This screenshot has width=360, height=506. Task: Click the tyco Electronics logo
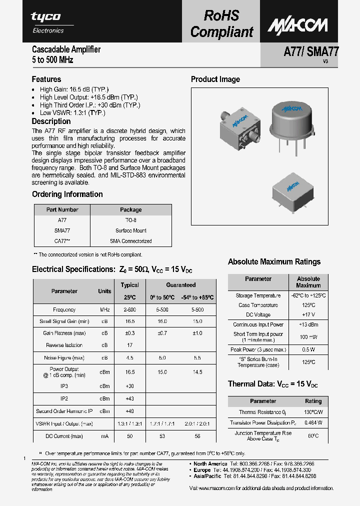(x=47, y=22)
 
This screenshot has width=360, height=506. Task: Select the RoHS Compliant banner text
(x=222, y=23)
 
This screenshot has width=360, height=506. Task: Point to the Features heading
(x=46, y=79)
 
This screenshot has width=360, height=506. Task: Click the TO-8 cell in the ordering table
(x=130, y=220)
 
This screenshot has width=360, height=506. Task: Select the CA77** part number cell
(x=62, y=241)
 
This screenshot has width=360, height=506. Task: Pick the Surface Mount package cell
(x=130, y=230)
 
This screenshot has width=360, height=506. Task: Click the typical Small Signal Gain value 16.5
(x=130, y=321)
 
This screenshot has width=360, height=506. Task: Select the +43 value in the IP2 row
(x=130, y=398)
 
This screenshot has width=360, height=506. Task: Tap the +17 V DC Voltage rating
(x=308, y=315)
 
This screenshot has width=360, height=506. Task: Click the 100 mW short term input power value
(x=308, y=337)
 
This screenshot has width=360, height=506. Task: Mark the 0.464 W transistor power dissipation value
(x=313, y=422)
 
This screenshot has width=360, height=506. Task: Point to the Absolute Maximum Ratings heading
(x=274, y=261)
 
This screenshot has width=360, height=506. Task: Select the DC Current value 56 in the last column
(x=197, y=436)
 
